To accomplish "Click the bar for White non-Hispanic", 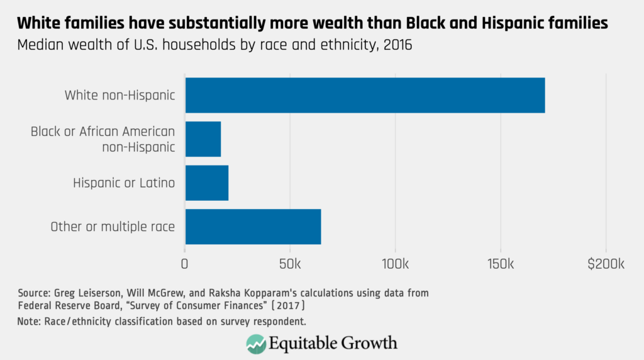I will coord(365,95).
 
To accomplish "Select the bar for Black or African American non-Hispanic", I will coord(203,139).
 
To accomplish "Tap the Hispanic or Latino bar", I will coord(207,183).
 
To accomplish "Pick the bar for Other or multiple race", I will coord(253,227).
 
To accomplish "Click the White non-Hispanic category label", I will coord(119,96).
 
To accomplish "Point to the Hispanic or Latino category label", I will coord(124,183).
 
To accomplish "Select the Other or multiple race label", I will coord(113,227).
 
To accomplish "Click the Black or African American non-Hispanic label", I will coord(103,139).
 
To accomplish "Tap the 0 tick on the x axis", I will coord(185,263).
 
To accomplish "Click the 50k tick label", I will coord(290,263).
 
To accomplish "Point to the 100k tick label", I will coord(395,263).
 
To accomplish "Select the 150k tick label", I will coord(500,263).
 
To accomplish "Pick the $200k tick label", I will coord(605,263).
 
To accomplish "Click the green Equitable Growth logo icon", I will coord(256,343).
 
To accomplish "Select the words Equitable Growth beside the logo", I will coord(333,343).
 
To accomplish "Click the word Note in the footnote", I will coord(30,322).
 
